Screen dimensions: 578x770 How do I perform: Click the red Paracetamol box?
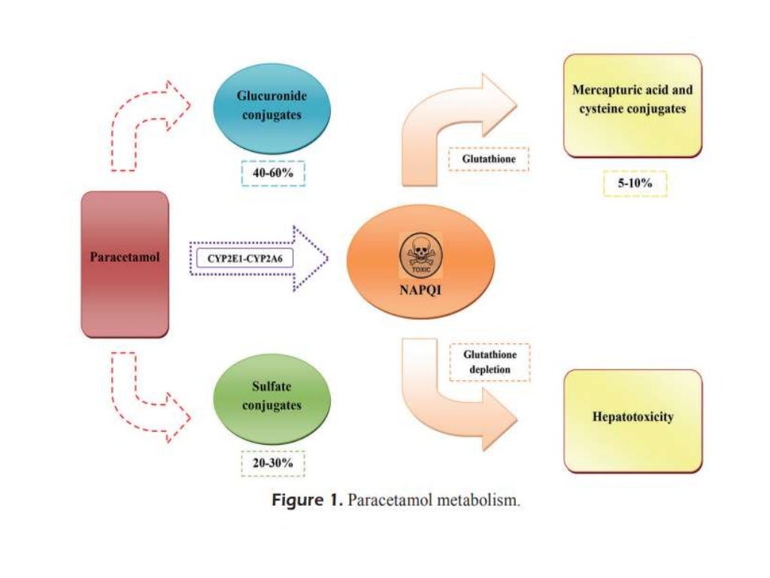click(125, 263)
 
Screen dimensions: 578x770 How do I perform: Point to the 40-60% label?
click(272, 174)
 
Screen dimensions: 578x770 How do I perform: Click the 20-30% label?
click(272, 463)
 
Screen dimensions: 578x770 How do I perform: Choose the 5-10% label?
click(635, 184)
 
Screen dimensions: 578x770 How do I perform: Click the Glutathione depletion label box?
click(489, 361)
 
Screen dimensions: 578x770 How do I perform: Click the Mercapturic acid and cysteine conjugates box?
click(632, 105)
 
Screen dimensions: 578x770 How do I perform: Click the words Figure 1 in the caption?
click(305, 501)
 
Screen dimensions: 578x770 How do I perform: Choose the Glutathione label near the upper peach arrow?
click(489, 159)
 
